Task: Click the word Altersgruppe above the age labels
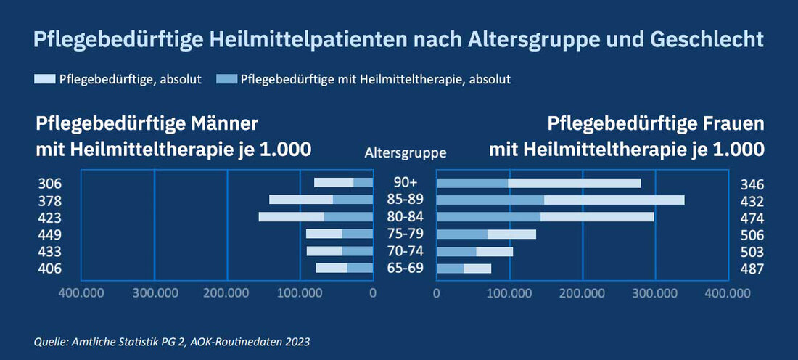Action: tap(405, 153)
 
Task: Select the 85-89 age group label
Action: tap(405, 200)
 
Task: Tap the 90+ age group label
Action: tap(405, 184)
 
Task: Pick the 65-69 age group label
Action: tap(405, 269)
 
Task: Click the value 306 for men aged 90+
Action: tap(49, 184)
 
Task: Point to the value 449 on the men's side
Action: tap(49, 234)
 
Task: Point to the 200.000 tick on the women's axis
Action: tap(583, 293)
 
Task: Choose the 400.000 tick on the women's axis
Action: tap(728, 293)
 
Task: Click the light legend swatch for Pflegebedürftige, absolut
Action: tap(44, 79)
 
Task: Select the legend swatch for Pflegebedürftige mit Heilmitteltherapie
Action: tap(226, 79)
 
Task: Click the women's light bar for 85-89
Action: tap(614, 200)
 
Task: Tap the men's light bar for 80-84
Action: tap(292, 217)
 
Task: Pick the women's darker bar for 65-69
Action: tap(450, 269)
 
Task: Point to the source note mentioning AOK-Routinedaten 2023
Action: tap(172, 341)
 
